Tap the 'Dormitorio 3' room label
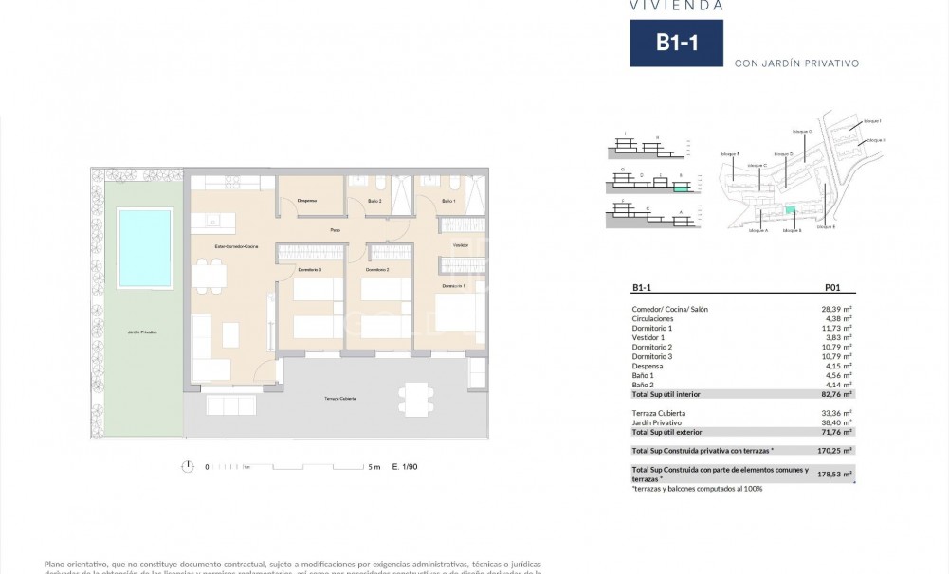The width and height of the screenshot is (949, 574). [309, 270]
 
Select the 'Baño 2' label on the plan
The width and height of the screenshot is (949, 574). [374, 202]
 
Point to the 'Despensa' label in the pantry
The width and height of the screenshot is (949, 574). [306, 201]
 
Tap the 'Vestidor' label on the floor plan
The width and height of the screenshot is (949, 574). [461, 245]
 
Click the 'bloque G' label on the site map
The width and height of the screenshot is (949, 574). [802, 132]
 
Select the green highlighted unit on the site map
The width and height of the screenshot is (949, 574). [789, 209]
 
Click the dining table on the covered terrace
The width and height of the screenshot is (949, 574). [414, 391]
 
